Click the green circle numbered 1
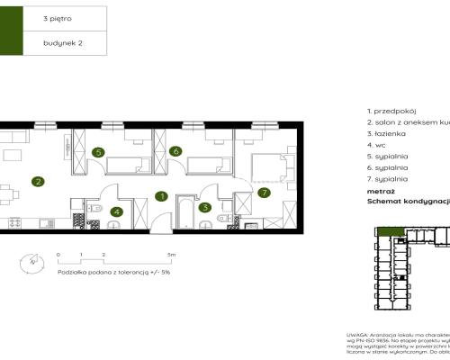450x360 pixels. (161, 196)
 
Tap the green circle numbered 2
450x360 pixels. (38, 181)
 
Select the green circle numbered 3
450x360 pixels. (205, 207)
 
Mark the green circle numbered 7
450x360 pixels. (264, 192)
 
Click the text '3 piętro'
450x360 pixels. (57, 17)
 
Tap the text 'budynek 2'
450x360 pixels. (60, 42)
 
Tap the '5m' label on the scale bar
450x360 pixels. (171, 255)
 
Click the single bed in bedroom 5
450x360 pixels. (125, 164)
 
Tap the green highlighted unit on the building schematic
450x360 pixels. (390, 233)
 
